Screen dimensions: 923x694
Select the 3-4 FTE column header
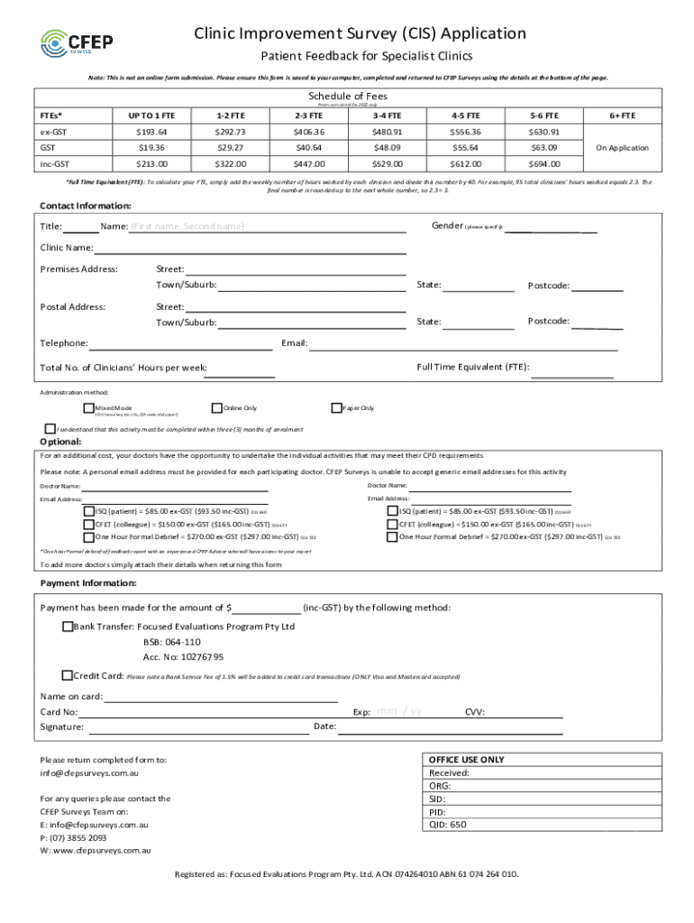click(387, 115)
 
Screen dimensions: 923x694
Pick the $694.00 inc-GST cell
click(546, 164)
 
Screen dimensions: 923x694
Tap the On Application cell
click(623, 148)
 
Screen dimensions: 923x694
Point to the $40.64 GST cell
click(308, 148)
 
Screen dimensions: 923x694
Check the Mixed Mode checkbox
click(88, 408)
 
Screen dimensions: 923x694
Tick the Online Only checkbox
click(216, 408)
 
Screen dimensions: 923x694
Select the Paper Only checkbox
click(336, 408)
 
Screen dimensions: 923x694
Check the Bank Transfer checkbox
click(68, 626)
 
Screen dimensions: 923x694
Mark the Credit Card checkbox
click(68, 675)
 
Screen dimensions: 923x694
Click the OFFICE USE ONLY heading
click(466, 760)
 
